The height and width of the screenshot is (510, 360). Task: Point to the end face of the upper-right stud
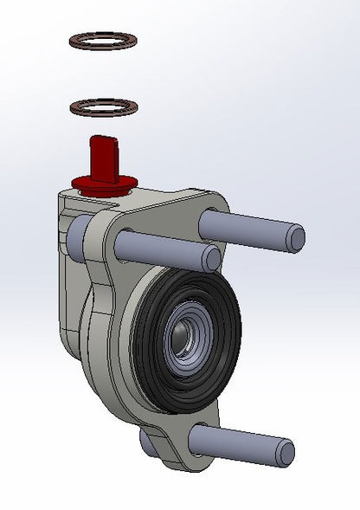pos(296,236)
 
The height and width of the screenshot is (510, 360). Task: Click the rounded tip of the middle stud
pos(212,258)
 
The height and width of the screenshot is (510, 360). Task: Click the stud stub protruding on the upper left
pos(74,231)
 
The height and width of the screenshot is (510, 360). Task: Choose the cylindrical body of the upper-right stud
pos(247,227)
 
